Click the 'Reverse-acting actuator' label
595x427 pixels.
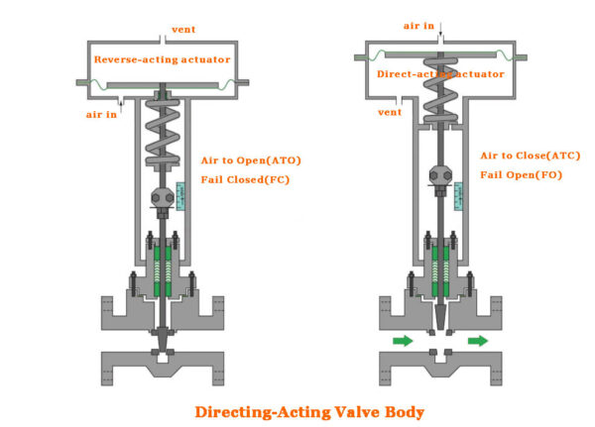tap(162, 59)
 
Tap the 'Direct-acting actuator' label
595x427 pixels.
tap(440, 74)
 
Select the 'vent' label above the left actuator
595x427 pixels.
tap(183, 28)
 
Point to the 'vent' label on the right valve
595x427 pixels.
tap(391, 112)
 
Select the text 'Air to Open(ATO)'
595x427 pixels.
tap(251, 160)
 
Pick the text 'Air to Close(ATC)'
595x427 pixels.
tap(530, 156)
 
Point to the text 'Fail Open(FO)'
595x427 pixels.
tap(522, 175)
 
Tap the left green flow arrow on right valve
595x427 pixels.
tap(403, 341)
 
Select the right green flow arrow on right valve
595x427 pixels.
tap(478, 341)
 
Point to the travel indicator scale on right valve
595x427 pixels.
tap(457, 195)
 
